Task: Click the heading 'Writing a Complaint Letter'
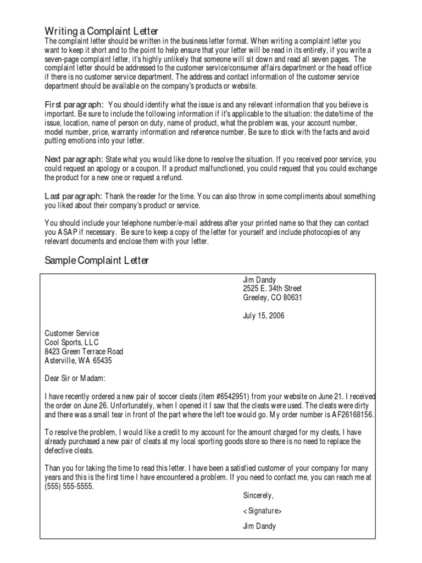[x=101, y=31]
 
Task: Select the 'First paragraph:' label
[x=74, y=104]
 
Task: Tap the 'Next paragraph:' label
[x=73, y=159]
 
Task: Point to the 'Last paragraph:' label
[x=73, y=196]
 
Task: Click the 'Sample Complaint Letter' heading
[x=96, y=261]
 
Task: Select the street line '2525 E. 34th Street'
[x=272, y=289]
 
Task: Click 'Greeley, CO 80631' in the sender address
[x=272, y=298]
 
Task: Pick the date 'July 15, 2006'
[x=264, y=316]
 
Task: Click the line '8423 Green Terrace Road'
[x=84, y=351]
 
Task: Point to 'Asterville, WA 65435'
[x=79, y=361]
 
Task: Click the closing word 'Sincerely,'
[x=258, y=495]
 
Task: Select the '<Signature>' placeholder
[x=262, y=511]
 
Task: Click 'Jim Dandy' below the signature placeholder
[x=259, y=526]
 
